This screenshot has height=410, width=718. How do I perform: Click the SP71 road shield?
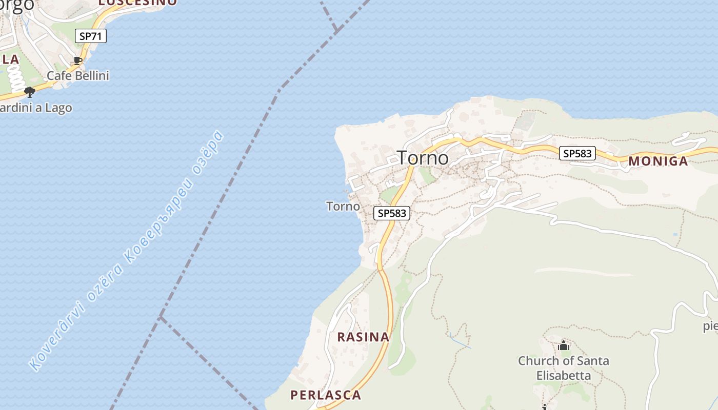click(90, 36)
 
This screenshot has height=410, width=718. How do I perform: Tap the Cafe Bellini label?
click(78, 76)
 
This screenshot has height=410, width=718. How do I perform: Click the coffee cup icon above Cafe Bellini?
click(77, 61)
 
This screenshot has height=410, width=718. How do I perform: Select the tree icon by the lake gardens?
click(30, 92)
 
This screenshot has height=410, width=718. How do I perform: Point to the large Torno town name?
click(423, 158)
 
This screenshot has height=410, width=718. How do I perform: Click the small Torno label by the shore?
click(343, 207)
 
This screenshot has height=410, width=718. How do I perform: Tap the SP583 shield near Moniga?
click(577, 153)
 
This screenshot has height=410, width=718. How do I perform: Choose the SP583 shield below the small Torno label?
click(392, 213)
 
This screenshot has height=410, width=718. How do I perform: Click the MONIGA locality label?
click(658, 161)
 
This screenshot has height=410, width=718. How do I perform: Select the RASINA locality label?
click(363, 337)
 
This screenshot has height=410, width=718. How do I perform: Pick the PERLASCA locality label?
click(326, 395)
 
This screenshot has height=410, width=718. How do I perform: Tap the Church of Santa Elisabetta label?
click(564, 368)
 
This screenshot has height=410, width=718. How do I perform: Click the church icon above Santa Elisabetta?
click(564, 346)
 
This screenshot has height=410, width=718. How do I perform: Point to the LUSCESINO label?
click(137, 3)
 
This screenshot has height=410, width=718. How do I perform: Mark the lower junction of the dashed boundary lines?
click(161, 317)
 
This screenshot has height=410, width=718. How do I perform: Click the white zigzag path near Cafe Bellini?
click(16, 79)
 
